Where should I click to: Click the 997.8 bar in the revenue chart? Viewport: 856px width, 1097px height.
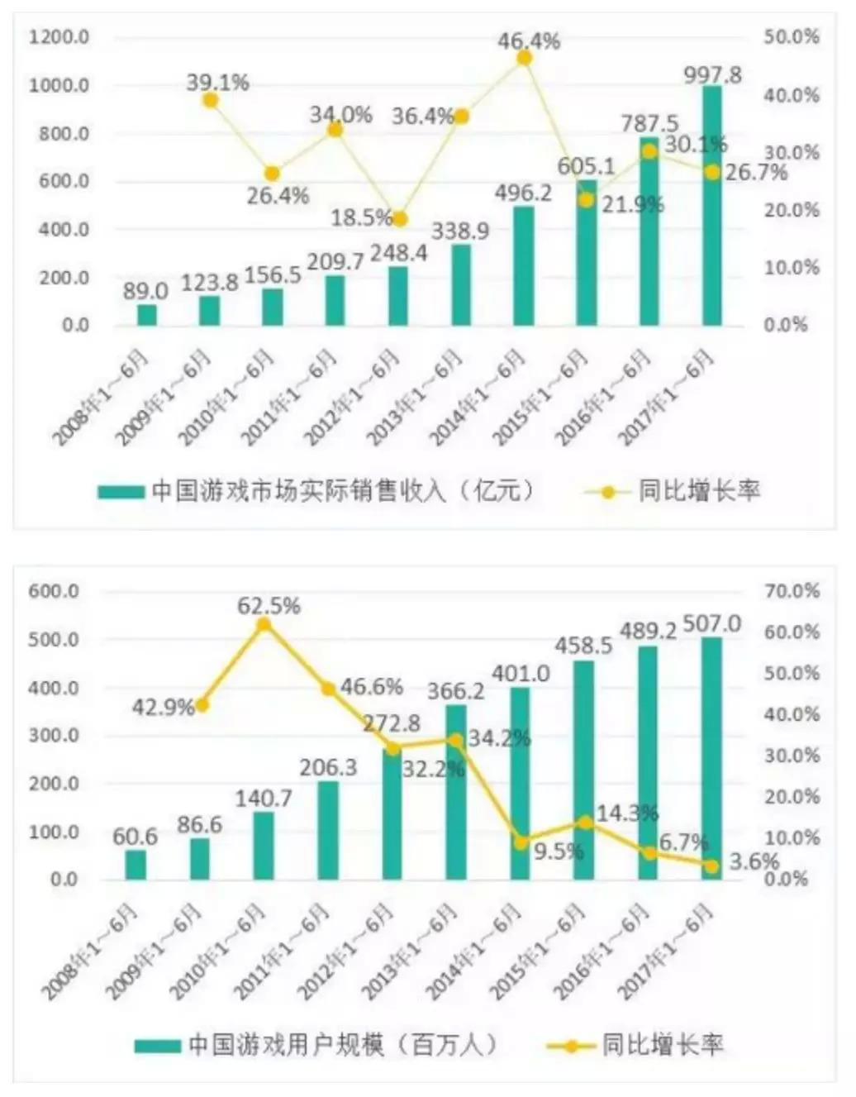[x=711, y=207]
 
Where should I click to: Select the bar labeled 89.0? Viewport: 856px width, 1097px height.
[x=147, y=315]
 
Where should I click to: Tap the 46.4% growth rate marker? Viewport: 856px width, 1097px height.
[x=524, y=58]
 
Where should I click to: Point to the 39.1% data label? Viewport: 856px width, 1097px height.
[x=217, y=83]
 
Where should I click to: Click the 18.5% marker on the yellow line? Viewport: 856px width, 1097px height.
[x=400, y=219]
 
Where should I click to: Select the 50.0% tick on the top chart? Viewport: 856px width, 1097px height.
[x=791, y=37]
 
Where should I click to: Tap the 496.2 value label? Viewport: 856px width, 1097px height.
[x=523, y=193]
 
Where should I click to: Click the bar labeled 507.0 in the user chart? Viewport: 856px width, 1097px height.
[x=711, y=758]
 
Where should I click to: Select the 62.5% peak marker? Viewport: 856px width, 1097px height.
[x=264, y=624]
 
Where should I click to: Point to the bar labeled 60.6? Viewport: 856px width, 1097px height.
[x=136, y=865]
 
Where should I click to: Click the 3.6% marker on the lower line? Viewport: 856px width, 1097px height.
[x=711, y=866]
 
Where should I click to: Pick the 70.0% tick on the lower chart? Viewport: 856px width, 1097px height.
[x=791, y=591]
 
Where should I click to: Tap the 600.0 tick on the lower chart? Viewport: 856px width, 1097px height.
[x=54, y=591]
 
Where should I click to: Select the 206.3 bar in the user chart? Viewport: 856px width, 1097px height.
[x=328, y=830]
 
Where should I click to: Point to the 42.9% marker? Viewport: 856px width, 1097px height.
[x=201, y=705]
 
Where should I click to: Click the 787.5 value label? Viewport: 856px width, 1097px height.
[x=649, y=124]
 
